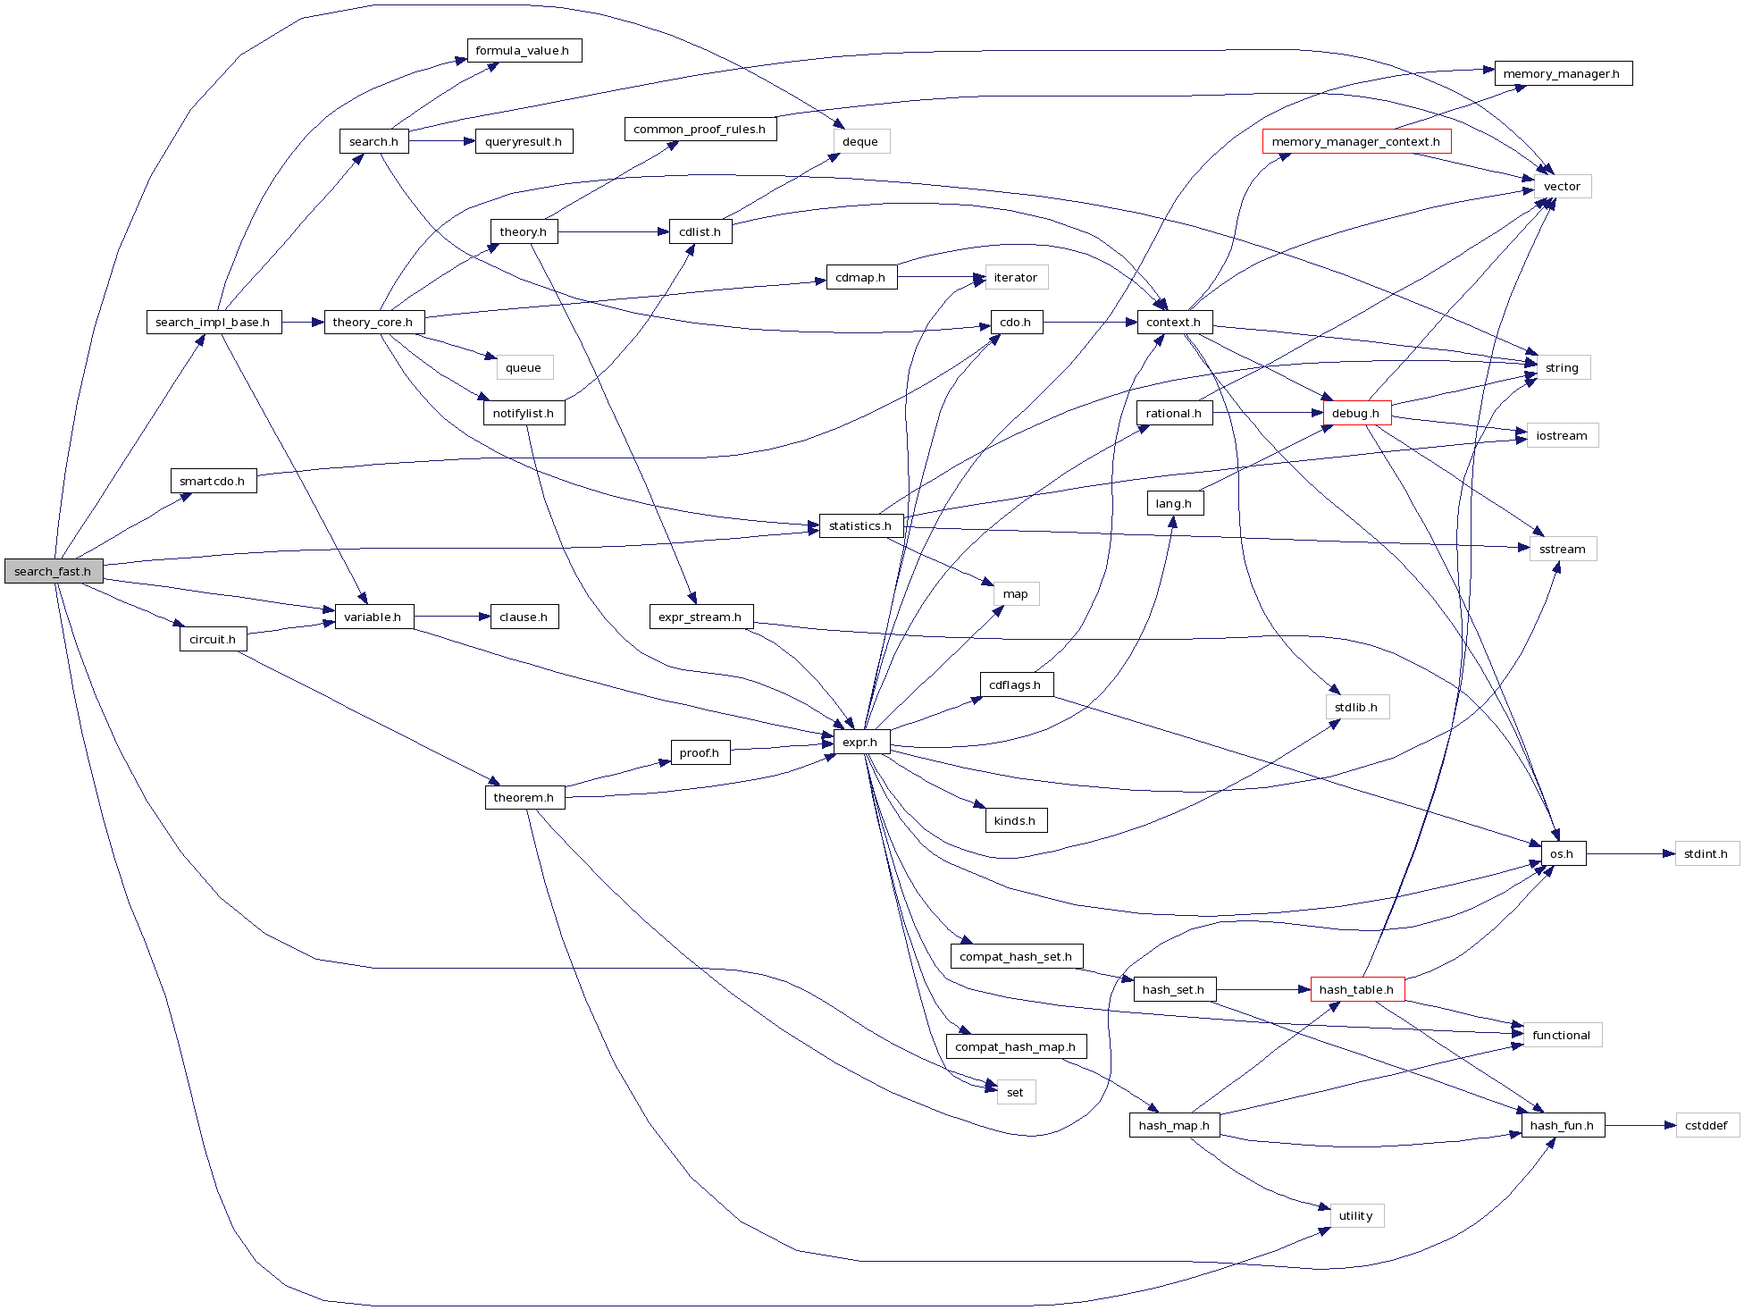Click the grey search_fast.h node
[x=54, y=571]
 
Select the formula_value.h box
[x=524, y=51]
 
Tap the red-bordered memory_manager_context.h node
[x=1355, y=141]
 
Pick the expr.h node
[x=860, y=742]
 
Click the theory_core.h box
[x=373, y=322]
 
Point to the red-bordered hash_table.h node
[x=1356, y=989]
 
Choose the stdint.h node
[x=1706, y=853]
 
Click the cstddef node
[x=1706, y=1125]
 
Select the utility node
[x=1355, y=1215]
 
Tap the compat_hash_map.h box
[x=1015, y=1046]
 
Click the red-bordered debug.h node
[x=1355, y=413]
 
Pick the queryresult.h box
[x=524, y=141]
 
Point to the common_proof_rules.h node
[x=700, y=130]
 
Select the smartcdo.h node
[x=213, y=481]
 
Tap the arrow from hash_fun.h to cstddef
[x=1639, y=1125]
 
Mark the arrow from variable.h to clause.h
[x=451, y=617]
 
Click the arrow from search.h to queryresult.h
[x=441, y=141]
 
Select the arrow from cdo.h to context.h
[x=1089, y=322]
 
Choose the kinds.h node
[x=1015, y=820]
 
